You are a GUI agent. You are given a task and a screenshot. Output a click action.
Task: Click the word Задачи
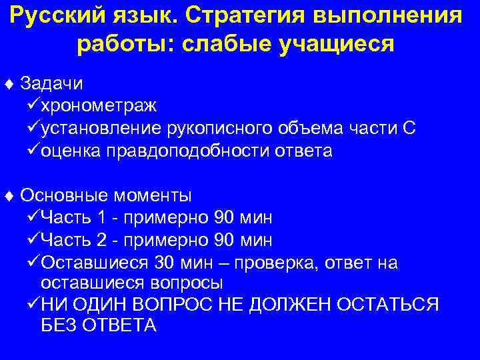(x=51, y=83)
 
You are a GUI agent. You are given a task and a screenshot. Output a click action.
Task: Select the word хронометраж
(x=99, y=105)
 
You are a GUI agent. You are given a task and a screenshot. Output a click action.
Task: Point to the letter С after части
(x=410, y=128)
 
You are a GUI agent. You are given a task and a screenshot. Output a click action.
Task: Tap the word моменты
(x=153, y=195)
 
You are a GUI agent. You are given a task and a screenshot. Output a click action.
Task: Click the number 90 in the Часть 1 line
(x=225, y=218)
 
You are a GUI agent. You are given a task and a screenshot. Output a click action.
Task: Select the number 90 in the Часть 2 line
(x=225, y=240)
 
